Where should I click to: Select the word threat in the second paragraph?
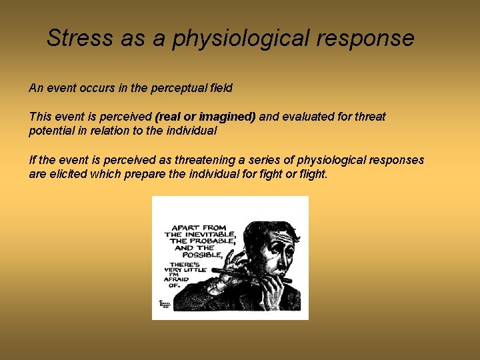[x=370, y=117]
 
